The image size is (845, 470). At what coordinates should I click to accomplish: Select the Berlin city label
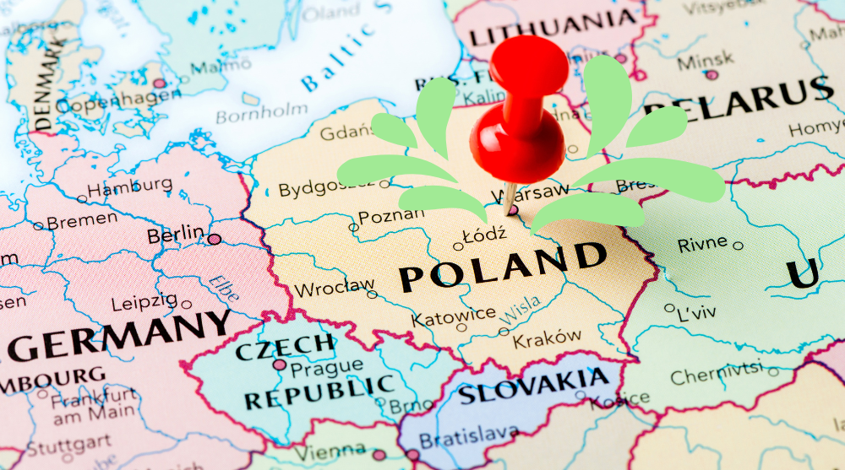176,234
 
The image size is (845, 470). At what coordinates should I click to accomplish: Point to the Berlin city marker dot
215,239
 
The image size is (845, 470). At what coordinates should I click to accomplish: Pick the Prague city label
325,367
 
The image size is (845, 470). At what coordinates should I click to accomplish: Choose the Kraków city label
548,338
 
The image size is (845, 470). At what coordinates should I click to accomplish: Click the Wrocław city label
334,288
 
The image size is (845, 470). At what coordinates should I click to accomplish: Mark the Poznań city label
391,216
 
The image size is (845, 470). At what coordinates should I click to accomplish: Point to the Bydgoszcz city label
326,187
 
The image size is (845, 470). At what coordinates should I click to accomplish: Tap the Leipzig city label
144,300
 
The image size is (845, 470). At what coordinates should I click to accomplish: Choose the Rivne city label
702,243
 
